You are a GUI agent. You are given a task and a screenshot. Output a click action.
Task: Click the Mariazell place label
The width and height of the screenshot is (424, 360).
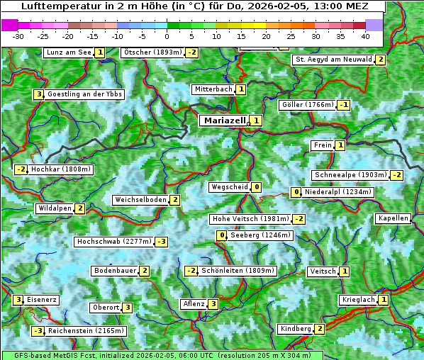click(224, 120)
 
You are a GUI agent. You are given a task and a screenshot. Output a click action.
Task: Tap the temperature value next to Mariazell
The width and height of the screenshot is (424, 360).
click(255, 120)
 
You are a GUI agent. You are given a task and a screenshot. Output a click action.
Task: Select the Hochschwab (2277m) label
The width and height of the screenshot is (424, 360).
click(113, 242)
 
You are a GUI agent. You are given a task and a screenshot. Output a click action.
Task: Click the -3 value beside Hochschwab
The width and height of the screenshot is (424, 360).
click(162, 242)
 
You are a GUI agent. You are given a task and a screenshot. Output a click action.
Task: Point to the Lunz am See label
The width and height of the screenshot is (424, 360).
click(68, 52)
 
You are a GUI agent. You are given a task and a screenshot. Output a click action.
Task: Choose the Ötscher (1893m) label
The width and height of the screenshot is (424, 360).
click(152, 52)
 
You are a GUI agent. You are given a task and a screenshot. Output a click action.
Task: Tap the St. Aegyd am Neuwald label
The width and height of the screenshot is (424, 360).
click(333, 60)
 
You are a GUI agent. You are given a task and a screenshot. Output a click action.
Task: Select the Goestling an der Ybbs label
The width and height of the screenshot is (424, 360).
click(84, 94)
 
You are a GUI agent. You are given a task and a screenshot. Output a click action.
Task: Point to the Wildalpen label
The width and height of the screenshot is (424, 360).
click(55, 208)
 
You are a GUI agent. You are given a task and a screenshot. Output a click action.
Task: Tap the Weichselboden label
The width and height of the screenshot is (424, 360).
click(140, 200)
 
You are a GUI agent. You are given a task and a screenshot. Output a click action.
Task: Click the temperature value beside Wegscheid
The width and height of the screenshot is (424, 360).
click(256, 187)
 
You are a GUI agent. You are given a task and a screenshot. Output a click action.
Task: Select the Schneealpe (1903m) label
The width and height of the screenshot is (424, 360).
click(350, 175)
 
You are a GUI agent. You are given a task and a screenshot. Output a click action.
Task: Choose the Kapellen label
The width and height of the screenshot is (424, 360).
click(394, 218)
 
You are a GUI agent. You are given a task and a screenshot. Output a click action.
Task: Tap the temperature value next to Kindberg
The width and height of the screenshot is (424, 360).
click(320, 329)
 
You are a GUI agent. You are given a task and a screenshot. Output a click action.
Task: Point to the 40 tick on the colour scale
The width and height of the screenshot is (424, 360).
click(365, 36)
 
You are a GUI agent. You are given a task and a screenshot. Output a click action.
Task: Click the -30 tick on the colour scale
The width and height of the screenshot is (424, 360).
click(19, 36)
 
